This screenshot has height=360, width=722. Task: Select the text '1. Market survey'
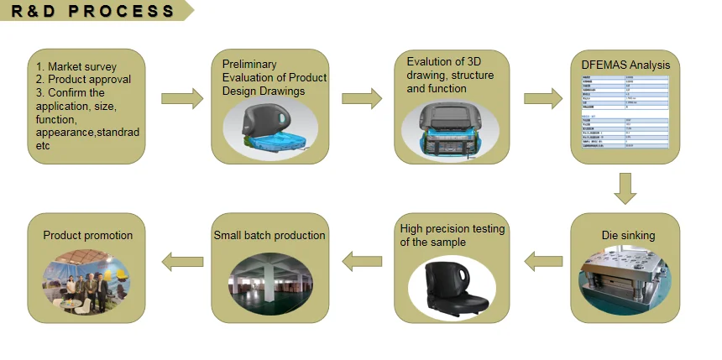click(x=76, y=67)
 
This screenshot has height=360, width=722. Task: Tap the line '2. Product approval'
click(x=82, y=80)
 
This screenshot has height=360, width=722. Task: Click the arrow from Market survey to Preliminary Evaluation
click(x=181, y=98)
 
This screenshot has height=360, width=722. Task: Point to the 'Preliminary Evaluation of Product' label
click(x=274, y=71)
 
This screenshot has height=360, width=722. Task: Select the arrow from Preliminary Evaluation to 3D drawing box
click(x=363, y=98)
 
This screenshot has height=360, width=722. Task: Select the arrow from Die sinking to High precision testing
click(x=543, y=261)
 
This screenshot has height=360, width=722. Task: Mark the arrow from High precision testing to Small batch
click(x=363, y=261)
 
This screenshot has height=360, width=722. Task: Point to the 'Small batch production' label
click(x=269, y=236)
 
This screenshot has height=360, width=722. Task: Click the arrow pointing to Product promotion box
click(x=181, y=261)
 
